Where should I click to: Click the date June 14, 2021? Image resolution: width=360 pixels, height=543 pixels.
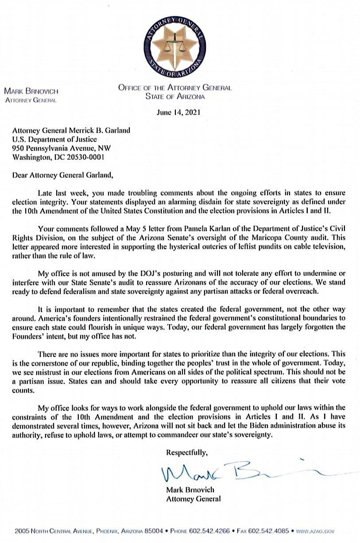(178, 112)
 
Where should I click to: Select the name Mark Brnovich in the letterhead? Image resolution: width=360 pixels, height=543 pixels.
(31, 92)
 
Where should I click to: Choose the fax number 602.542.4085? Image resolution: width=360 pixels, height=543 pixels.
(270, 530)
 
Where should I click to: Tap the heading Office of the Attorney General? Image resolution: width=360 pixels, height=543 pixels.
(174, 88)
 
